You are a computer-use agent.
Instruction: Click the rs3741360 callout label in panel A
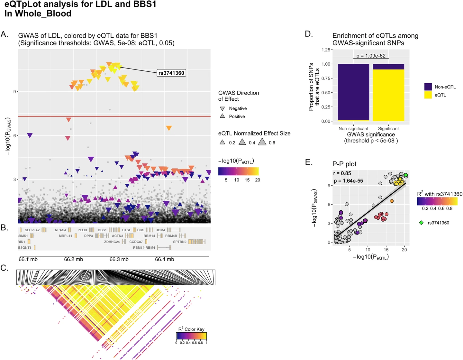point(171,73)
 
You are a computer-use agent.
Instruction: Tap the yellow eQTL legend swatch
point(428,95)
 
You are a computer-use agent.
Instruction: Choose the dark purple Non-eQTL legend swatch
point(428,87)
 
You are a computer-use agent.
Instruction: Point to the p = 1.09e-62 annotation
point(371,56)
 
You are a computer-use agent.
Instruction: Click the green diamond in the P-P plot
point(406,175)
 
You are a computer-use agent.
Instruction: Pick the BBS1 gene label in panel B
point(102,230)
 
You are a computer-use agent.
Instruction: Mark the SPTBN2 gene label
point(180,242)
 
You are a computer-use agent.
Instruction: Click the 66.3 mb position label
point(119,259)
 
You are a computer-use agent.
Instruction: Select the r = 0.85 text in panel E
point(342,173)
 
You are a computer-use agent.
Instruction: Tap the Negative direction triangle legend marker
point(222,109)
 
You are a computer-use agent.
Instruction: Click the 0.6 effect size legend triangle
point(262,142)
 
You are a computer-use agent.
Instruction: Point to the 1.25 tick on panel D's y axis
point(326,50)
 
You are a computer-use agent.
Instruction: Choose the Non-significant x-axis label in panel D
point(353,128)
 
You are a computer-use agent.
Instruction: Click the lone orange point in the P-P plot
point(392,201)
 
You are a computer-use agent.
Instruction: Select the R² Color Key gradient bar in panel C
point(191,336)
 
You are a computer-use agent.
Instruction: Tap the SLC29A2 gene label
point(32,230)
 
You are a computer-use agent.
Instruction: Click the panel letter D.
point(309,34)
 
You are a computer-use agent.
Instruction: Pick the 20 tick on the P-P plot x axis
point(404,250)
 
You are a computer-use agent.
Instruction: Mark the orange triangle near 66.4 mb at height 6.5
point(169,128)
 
